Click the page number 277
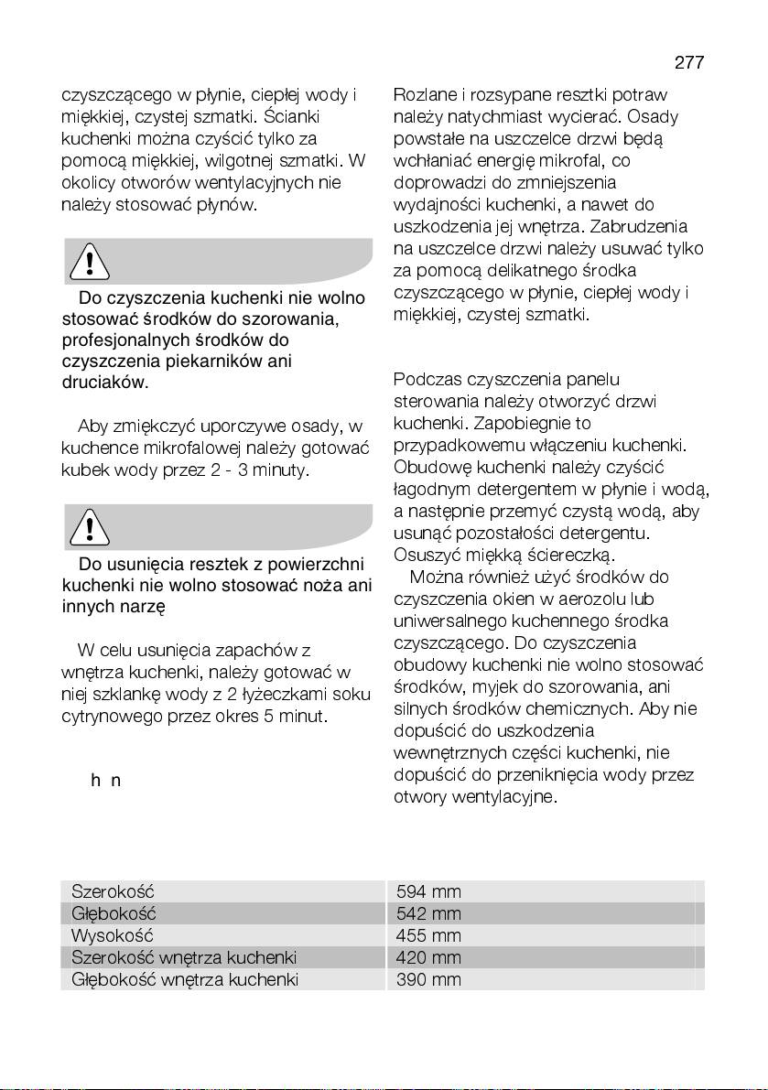point(689,62)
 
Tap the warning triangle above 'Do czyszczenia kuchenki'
point(90,263)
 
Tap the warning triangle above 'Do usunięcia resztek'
point(90,528)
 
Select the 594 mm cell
point(428,891)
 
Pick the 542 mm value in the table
point(428,913)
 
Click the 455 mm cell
point(428,935)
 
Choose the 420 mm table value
point(428,957)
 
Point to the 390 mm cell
point(428,979)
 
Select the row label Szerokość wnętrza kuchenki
point(184,957)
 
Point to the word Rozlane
point(424,95)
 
